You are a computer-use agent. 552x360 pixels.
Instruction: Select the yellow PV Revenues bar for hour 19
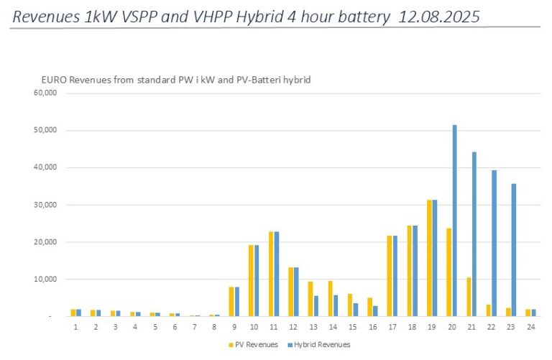pos(429,258)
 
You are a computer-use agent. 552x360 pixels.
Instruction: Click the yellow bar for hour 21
pos(469,297)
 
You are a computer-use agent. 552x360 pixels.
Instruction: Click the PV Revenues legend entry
pos(251,345)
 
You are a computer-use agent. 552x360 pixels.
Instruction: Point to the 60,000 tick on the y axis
pos(45,93)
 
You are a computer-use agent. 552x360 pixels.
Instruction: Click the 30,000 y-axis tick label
pos(45,205)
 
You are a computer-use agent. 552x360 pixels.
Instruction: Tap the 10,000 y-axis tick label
pos(45,279)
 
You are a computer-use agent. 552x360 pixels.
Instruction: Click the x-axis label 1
pos(75,327)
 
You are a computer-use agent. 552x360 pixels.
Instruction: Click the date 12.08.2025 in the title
pos(441,15)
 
